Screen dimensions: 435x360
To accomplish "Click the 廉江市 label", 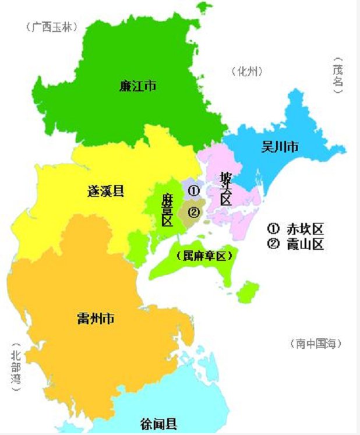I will [x=137, y=87].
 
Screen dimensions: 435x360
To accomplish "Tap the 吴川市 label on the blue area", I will [x=280, y=147].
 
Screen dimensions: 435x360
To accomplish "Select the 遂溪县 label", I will [x=105, y=190].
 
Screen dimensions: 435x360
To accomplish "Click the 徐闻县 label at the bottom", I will [x=159, y=423].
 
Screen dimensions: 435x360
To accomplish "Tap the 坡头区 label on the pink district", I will [x=225, y=188].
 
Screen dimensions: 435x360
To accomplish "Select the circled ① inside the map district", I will [x=195, y=190].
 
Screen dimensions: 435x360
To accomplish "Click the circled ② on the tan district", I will [x=194, y=212].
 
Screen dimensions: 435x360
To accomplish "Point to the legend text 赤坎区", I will [x=305, y=228].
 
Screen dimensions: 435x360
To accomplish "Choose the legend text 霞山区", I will [x=305, y=244].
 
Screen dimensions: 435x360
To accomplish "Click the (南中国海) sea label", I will [x=315, y=344].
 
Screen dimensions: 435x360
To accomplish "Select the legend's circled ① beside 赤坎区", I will [x=273, y=228].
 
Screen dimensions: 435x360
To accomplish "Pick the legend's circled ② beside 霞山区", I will [x=273, y=244].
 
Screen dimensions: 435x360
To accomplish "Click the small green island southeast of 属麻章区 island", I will [x=249, y=291].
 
